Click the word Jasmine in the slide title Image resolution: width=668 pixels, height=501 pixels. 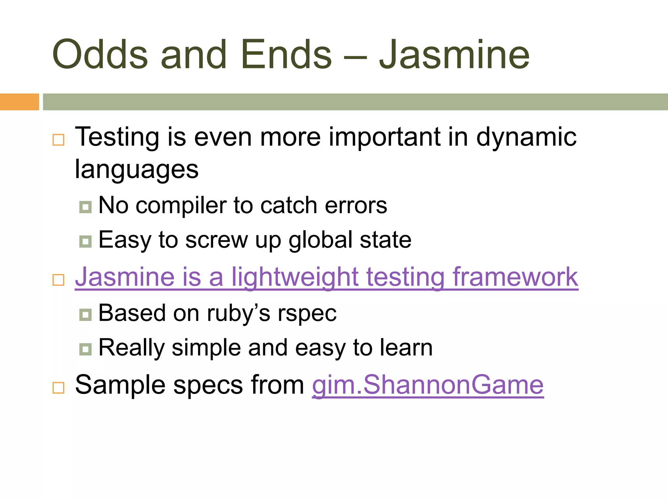(x=454, y=55)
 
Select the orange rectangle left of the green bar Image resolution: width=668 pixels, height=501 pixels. (x=19, y=102)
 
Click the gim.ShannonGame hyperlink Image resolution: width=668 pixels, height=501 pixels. (x=428, y=385)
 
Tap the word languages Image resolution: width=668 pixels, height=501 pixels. (x=137, y=170)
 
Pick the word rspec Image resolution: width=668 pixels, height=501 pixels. (x=307, y=313)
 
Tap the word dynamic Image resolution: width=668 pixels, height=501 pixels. (x=526, y=137)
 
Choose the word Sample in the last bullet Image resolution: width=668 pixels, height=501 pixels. (x=120, y=385)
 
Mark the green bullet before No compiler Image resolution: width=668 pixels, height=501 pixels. (x=85, y=207)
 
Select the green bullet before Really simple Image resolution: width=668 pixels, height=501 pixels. (x=85, y=349)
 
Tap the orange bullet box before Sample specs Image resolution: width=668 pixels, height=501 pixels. (x=58, y=387)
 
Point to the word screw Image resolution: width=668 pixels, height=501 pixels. (x=217, y=240)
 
